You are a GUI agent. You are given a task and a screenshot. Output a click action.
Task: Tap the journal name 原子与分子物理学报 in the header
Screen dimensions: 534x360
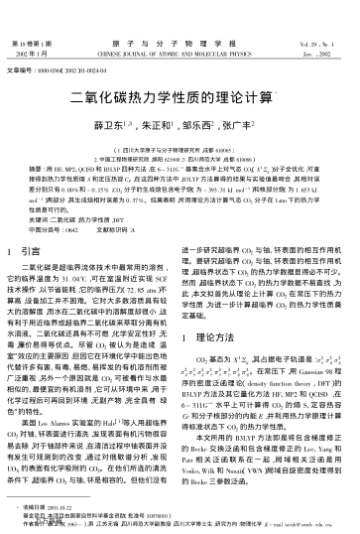point(180,16)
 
